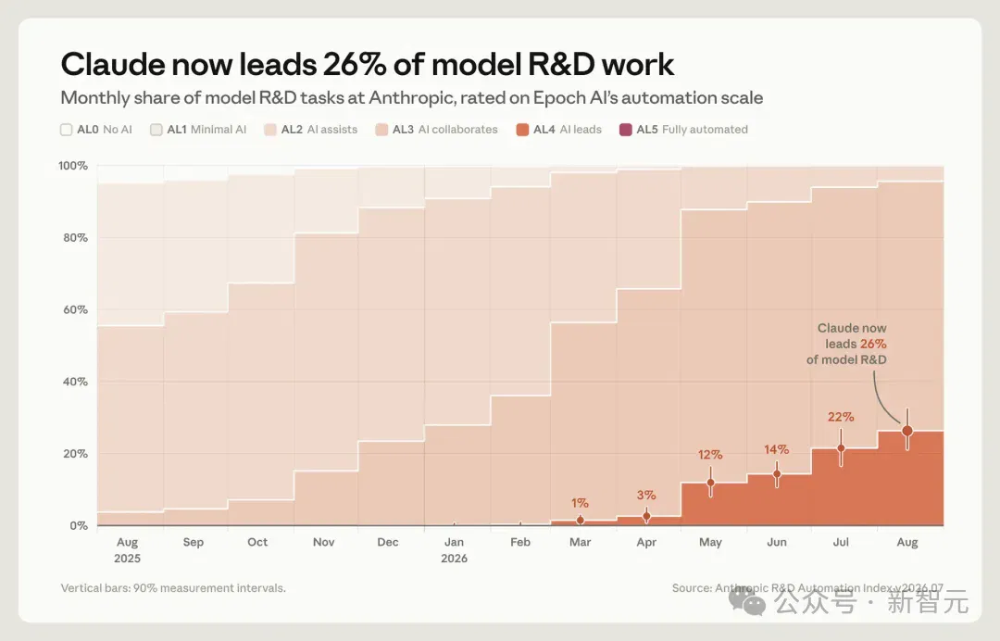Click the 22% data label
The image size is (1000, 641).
coord(841,417)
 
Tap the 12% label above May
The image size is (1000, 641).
coord(710,455)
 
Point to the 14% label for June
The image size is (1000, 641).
coord(776,449)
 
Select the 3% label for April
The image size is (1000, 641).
coord(646,495)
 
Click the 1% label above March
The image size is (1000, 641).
coord(580,503)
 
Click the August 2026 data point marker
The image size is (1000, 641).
coord(907,431)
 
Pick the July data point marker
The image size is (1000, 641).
coord(841,447)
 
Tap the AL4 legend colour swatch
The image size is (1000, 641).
coord(522,130)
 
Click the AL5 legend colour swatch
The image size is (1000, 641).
coord(626,130)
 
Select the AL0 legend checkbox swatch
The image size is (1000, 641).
coord(67,130)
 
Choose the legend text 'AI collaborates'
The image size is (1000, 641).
coord(458,130)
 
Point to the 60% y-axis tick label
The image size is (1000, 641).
coord(75,310)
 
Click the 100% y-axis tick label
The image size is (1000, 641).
coord(73,166)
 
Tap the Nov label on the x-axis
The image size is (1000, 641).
coord(323,542)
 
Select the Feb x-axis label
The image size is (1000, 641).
coord(520,542)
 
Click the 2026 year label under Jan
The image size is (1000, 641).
coord(454,559)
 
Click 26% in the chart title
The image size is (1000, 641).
coord(354,64)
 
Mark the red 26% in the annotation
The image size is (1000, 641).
coord(873,345)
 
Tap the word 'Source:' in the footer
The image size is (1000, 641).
coord(692,588)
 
